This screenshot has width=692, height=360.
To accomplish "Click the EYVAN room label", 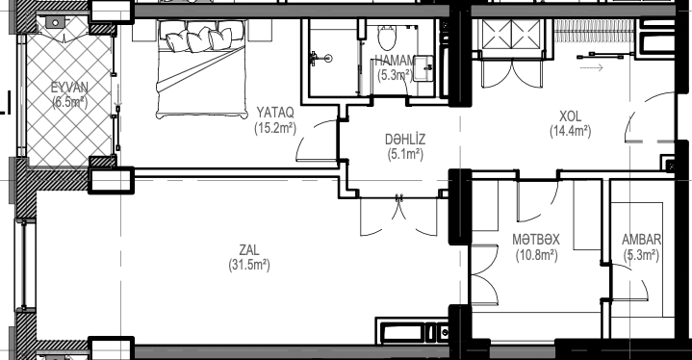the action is click(x=69, y=87).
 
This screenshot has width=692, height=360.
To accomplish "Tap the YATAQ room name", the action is click(x=275, y=113).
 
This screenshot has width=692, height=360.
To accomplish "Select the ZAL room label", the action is click(x=249, y=250).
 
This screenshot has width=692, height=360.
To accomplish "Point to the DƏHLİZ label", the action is click(x=405, y=139).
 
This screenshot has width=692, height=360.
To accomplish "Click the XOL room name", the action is click(x=570, y=116).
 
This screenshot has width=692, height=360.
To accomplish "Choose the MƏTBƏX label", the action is click(x=536, y=240).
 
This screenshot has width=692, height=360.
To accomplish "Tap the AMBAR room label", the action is click(x=641, y=240).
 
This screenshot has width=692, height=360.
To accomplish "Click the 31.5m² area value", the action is click(x=249, y=265).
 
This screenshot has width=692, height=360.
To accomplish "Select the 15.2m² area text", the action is click(x=275, y=128).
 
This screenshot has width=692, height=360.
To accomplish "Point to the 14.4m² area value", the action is click(x=570, y=132).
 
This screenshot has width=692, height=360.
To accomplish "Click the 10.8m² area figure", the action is click(x=536, y=255).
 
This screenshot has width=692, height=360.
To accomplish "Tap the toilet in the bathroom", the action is click(x=388, y=37).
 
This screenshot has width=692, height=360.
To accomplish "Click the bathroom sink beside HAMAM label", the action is click(x=423, y=68).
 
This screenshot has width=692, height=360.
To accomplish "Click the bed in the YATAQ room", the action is click(x=201, y=69).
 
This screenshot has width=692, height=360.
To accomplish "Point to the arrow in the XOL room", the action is click(x=591, y=68).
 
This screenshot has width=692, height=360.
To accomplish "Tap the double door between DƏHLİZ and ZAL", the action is click(x=399, y=217).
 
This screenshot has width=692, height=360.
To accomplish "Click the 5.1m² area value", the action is click(x=405, y=155).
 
